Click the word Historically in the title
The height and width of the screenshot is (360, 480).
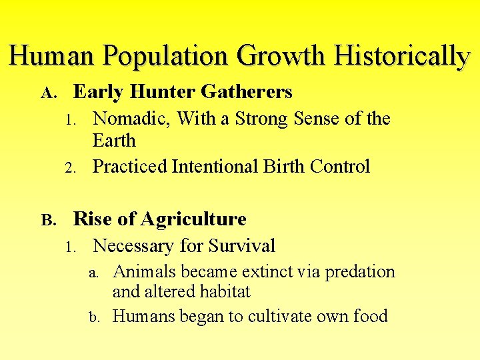[403, 56]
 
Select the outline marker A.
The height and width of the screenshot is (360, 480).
[47, 93]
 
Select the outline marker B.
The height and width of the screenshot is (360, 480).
[47, 220]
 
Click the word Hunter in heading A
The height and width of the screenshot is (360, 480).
[156, 92]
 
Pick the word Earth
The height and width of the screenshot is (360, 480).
[114, 141]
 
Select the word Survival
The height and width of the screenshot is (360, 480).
[242, 246]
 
